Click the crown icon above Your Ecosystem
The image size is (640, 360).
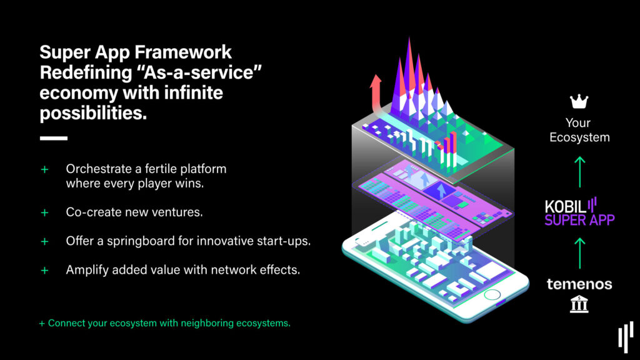[x=579, y=102]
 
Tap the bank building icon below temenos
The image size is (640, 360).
[x=579, y=304]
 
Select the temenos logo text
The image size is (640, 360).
[x=579, y=284]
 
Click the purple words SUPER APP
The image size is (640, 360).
[x=579, y=221]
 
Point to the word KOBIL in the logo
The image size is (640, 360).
[x=565, y=207]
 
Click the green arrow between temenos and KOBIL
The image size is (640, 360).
[x=579, y=254]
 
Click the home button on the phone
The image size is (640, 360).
[x=492, y=295]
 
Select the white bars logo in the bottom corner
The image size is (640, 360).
[x=626, y=337]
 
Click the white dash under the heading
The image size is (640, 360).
[x=54, y=138]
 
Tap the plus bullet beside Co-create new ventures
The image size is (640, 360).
[x=44, y=212]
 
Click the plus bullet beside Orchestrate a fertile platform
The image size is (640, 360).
[x=44, y=169]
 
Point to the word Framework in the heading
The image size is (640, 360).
[x=183, y=52]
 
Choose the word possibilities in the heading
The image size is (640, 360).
[x=93, y=113]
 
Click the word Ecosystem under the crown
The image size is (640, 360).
[x=579, y=137]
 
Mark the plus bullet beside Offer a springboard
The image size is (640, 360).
[x=44, y=242]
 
